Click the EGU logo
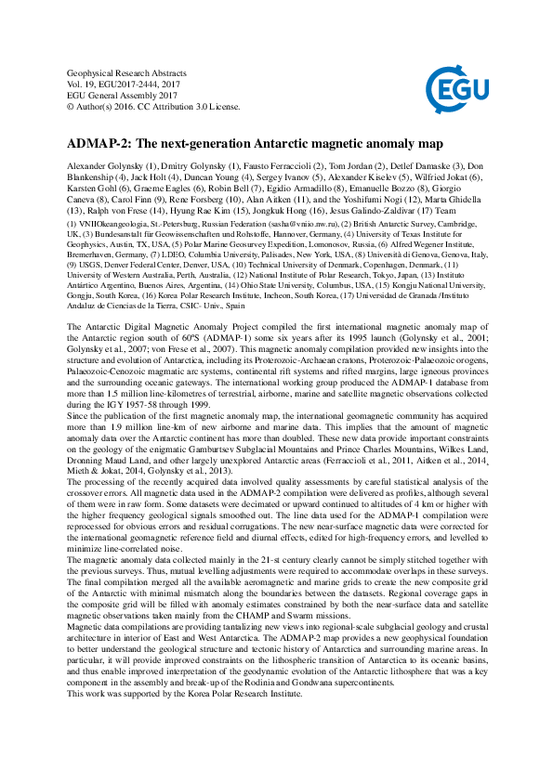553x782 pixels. click(456, 89)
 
